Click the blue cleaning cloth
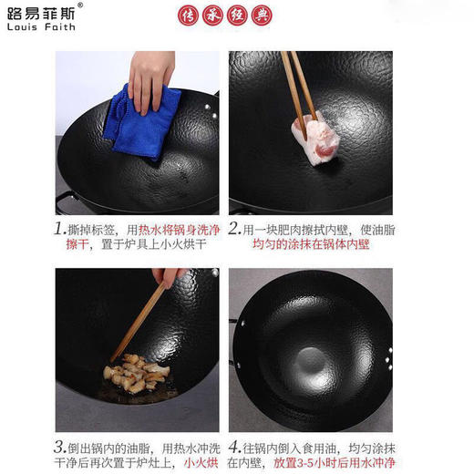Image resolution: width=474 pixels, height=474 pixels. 140,123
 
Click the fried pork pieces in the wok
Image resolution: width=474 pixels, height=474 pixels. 137,373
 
